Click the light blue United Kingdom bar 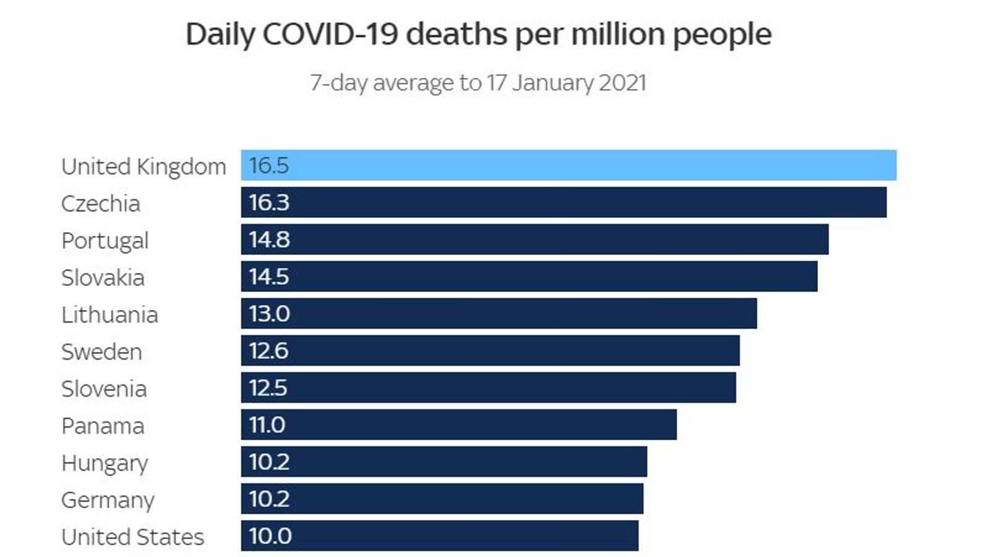tap(568, 165)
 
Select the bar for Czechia tap(563, 202)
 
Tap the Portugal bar tap(535, 240)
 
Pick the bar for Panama tap(458, 425)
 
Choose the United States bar tap(439, 536)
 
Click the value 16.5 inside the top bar tap(269, 165)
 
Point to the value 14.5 tap(269, 277)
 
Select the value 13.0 tap(269, 314)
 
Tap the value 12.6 tap(269, 351)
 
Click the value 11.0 tap(267, 425)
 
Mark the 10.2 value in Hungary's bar tap(269, 462)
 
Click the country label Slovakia tap(103, 278)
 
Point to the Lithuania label tap(110, 315)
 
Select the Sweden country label tap(101, 352)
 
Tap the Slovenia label tap(104, 389)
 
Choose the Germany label tap(108, 500)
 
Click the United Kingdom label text tap(144, 166)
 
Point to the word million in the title tap(618, 34)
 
